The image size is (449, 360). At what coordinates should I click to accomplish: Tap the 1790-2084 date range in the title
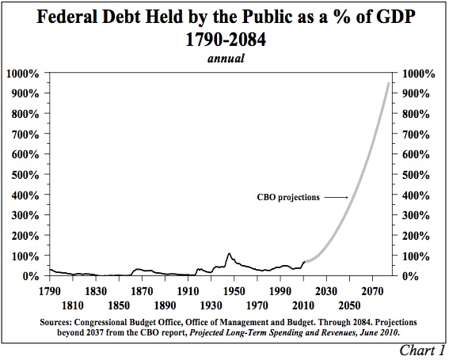pyautogui.click(x=226, y=40)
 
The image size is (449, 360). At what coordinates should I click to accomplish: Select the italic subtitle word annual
pyautogui.click(x=226, y=58)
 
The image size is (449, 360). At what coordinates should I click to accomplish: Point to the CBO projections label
pyautogui.click(x=288, y=198)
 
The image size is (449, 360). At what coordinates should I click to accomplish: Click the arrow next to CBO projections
pyautogui.click(x=337, y=197)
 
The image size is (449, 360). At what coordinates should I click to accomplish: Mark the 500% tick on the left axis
pyautogui.click(x=48, y=174)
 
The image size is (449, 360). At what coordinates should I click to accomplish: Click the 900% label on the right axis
pyautogui.click(x=416, y=93)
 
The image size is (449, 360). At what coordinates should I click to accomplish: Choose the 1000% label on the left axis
pyautogui.click(x=23, y=74)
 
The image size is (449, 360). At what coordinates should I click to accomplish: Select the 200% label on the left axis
pyautogui.click(x=25, y=236)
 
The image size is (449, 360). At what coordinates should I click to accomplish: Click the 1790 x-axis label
pyautogui.click(x=50, y=291)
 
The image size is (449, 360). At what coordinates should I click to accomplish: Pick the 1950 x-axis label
pyautogui.click(x=234, y=291)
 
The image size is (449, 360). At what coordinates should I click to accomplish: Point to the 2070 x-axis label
pyautogui.click(x=372, y=291)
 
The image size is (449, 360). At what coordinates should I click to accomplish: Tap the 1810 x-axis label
pyautogui.click(x=72, y=305)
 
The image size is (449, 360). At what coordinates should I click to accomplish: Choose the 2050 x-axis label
pyautogui.click(x=349, y=305)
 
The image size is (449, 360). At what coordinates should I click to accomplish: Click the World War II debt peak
pyautogui.click(x=229, y=253)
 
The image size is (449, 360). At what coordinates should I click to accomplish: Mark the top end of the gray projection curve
pyautogui.click(x=389, y=83)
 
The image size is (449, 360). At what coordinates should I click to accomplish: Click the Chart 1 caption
pyautogui.click(x=422, y=351)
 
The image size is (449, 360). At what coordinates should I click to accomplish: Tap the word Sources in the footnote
pyautogui.click(x=56, y=322)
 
